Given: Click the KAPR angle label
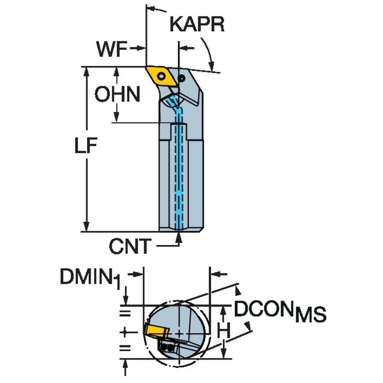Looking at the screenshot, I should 197,25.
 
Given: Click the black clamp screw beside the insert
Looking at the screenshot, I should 181,78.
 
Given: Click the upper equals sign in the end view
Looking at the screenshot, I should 126,312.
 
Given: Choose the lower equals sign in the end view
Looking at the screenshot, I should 126,348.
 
